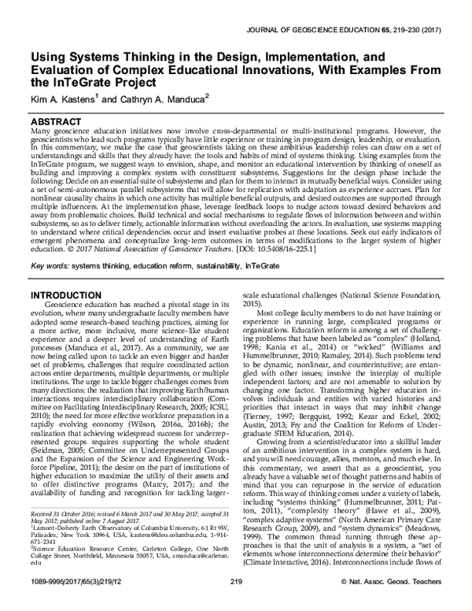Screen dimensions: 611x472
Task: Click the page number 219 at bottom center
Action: [x=235, y=602]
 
